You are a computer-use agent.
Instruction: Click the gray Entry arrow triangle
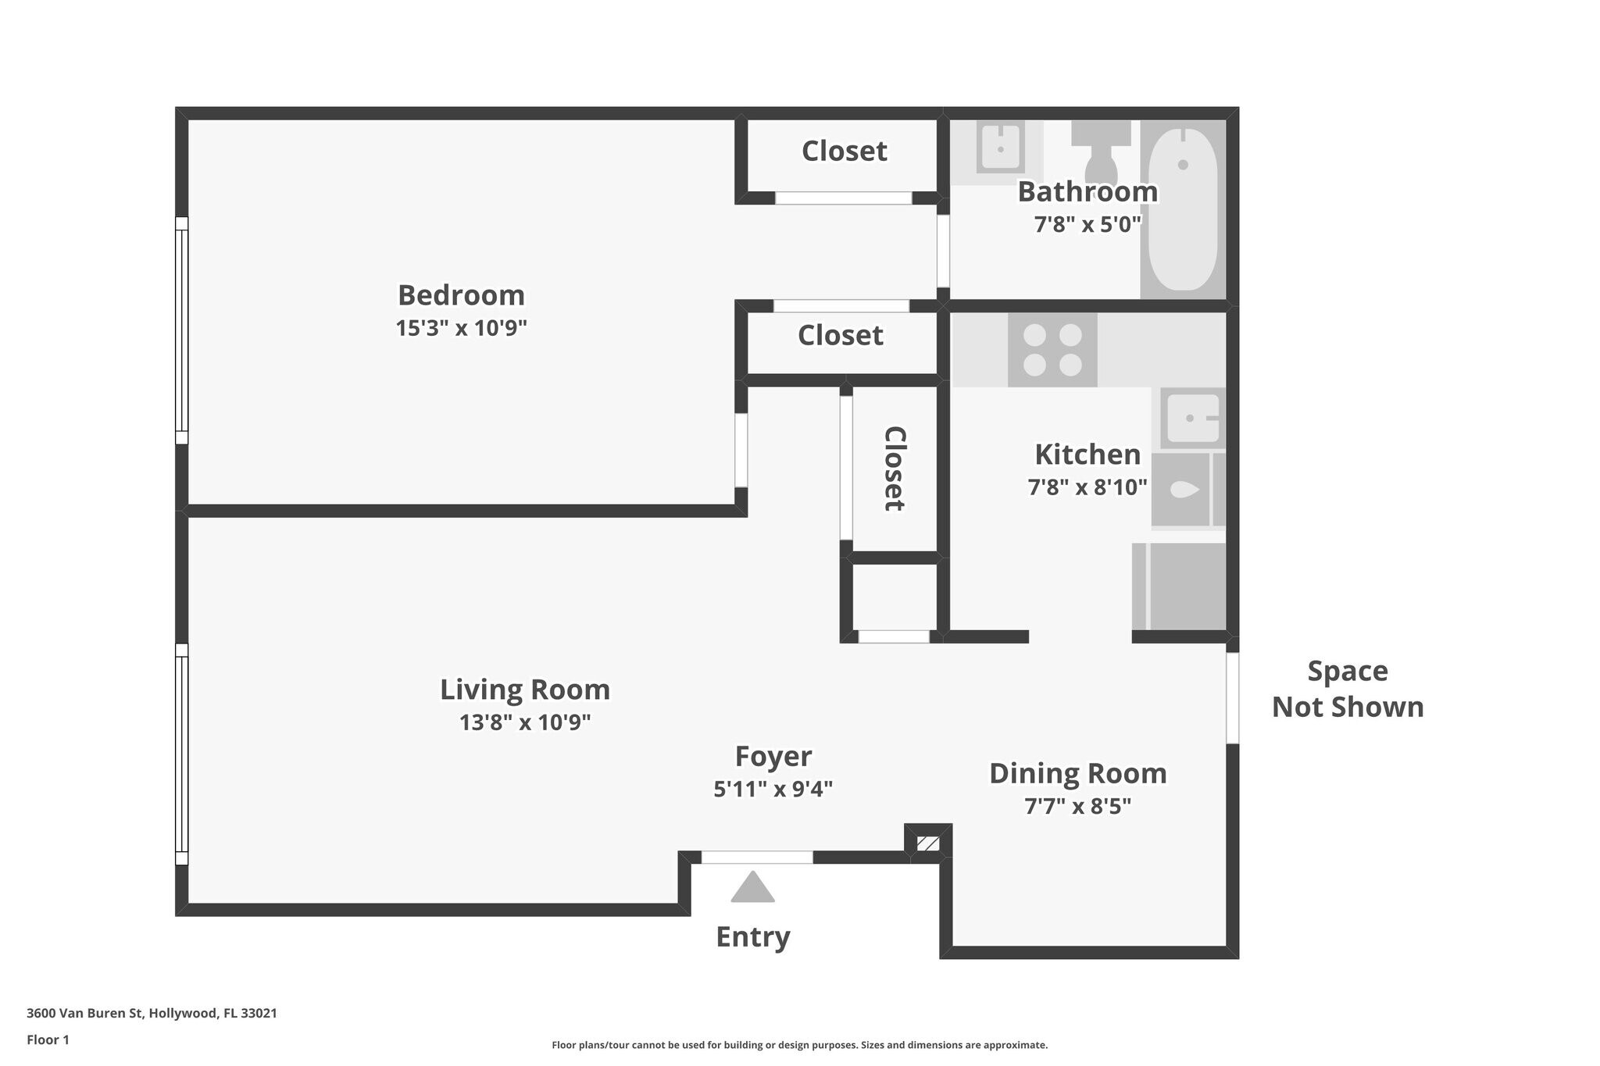coord(752,888)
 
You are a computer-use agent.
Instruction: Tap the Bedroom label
coord(461,295)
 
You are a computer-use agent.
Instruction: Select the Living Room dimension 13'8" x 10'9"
coord(524,722)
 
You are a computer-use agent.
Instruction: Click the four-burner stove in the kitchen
coord(1052,349)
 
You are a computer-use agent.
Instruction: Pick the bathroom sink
coord(1000,146)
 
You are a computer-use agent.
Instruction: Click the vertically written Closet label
coord(894,469)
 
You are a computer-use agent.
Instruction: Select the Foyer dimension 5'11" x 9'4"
coord(773,790)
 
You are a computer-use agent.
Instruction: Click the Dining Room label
coord(1077,773)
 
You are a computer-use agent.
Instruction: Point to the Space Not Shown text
coord(1347,689)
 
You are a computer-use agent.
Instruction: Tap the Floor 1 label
coord(48,1039)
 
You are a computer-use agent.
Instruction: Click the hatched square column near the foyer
coord(927,843)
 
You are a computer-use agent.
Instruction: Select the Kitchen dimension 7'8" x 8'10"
coord(1087,487)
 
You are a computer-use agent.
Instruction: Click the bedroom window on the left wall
coord(181,330)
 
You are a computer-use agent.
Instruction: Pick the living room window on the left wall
coord(181,754)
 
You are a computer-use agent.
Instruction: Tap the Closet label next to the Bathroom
coord(844,151)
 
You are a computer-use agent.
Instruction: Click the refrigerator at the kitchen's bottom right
coord(1179,586)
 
